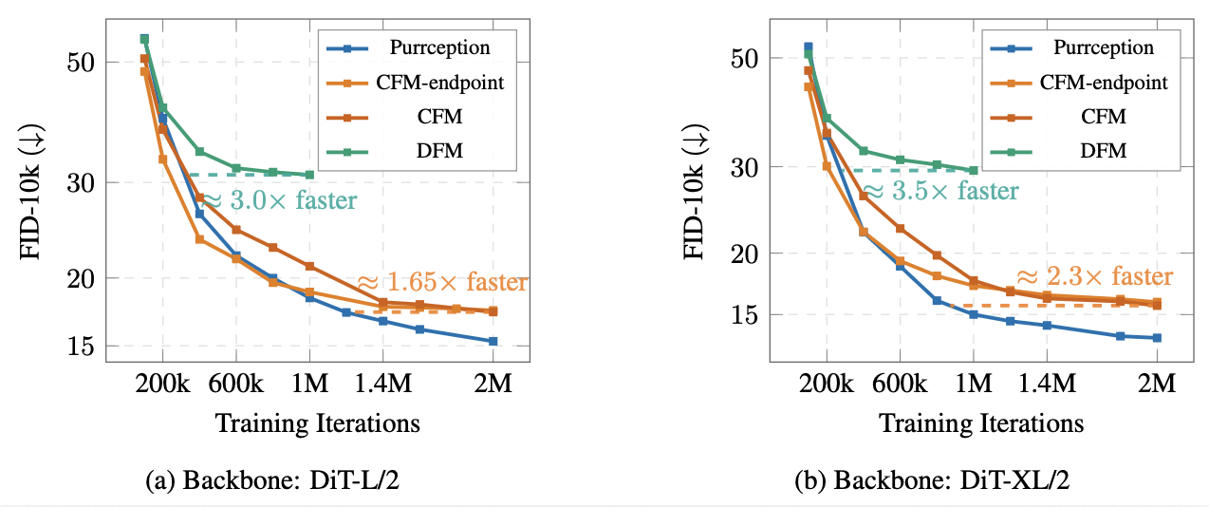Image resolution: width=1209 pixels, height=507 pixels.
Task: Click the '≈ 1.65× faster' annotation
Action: pos(441,283)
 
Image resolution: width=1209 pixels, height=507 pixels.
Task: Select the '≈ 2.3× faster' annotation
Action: pos(1094,276)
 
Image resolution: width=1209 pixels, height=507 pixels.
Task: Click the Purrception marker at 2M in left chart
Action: pos(493,341)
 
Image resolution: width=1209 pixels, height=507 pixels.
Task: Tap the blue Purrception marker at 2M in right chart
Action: pos(1157,338)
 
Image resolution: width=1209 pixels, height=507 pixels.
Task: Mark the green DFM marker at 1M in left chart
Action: pos(309,175)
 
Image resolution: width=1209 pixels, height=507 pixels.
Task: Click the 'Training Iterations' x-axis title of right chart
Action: pos(981,422)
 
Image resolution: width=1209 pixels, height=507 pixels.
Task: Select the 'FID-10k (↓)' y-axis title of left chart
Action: pos(28,189)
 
